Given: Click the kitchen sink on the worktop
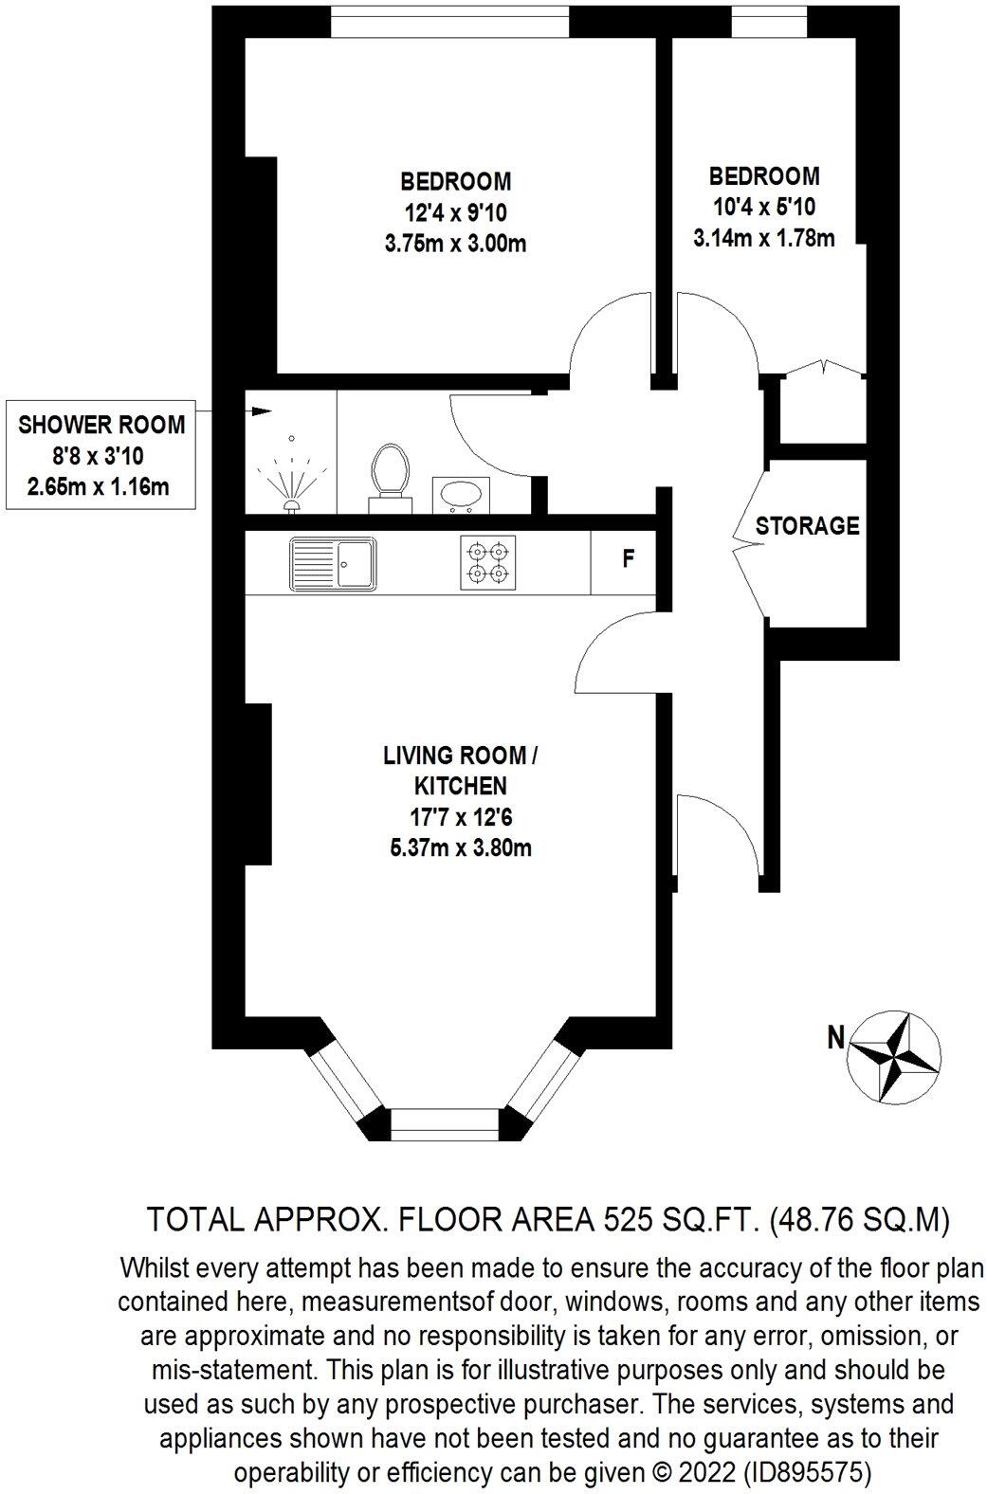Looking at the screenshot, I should click(x=334, y=563).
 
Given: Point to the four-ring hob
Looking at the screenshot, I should click(x=487, y=563).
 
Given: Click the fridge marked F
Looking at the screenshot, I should click(x=627, y=559).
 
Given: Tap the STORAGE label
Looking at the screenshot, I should click(x=807, y=525).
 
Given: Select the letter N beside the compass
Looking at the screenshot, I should click(x=835, y=1038).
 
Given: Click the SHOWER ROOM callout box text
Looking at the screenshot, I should click(x=102, y=454).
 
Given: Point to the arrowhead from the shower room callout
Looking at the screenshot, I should click(x=261, y=411).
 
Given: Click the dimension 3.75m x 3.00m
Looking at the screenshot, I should click(x=455, y=244).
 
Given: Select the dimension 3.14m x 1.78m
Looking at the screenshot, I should click(x=764, y=238).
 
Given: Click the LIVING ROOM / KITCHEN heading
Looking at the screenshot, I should click(x=460, y=770).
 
